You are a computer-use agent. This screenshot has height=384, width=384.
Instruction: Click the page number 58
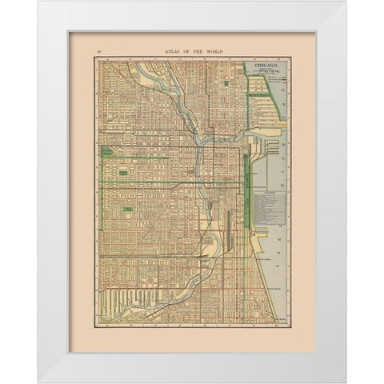(99, 50)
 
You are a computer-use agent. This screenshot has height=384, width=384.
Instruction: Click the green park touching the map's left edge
(105, 152)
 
